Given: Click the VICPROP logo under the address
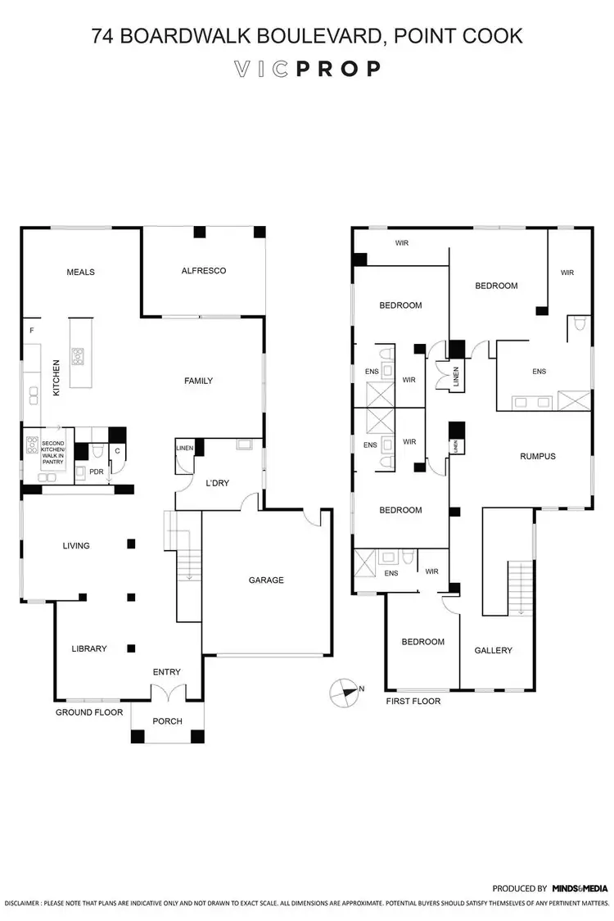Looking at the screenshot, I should coord(307,69).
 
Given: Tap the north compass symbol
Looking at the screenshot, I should coord(344,693).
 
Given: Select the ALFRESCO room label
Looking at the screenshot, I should coord(203,271).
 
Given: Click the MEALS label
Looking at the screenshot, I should coord(81,273).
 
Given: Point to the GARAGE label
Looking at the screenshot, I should coord(266,580).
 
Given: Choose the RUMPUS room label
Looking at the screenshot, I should coord(537,456).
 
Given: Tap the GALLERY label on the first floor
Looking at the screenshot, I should coord(493,650).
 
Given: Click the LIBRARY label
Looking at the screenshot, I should coord(88,648).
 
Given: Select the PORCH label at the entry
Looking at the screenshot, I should coord(167,721).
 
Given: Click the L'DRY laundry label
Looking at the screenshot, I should coord(218,484).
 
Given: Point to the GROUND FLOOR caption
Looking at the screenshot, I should coord(89,712).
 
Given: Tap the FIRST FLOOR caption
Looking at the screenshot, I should coord(413,701).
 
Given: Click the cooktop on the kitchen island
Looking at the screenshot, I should coord(79,355).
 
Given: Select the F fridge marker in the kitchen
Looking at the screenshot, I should coord(32,330).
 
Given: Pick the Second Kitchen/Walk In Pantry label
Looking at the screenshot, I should coord(52,454).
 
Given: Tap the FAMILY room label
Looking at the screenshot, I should coord(198,381).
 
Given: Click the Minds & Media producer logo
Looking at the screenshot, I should coord(579,887).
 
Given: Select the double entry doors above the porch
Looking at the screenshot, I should coord(167,693).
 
